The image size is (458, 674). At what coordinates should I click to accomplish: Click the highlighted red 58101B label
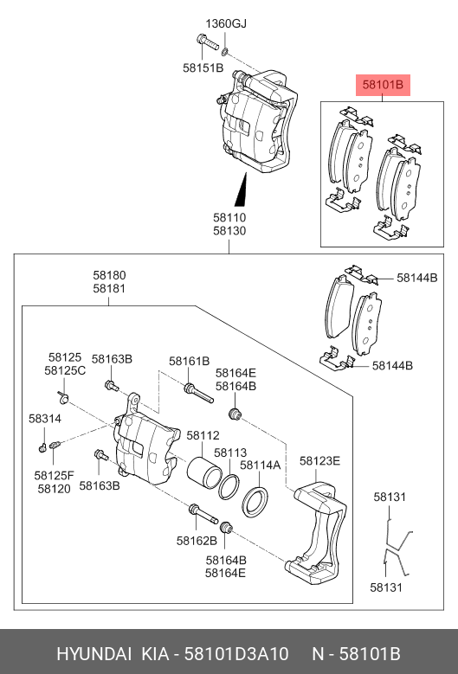click(x=382, y=86)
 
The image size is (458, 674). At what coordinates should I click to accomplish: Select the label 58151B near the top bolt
click(x=203, y=67)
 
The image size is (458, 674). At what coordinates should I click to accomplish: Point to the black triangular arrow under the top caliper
click(x=242, y=185)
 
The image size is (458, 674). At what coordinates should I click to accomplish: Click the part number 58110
click(x=229, y=219)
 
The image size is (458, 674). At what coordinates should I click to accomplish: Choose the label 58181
click(x=110, y=288)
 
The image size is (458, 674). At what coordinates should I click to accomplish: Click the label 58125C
click(x=67, y=370)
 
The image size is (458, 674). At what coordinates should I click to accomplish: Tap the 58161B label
click(x=189, y=361)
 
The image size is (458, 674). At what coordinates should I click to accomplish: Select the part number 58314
click(x=45, y=418)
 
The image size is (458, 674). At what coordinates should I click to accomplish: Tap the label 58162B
click(x=197, y=540)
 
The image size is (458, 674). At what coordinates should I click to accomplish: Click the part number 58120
click(x=54, y=488)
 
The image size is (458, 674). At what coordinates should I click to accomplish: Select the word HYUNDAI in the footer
click(x=94, y=652)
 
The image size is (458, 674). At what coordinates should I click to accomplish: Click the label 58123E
click(x=320, y=460)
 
